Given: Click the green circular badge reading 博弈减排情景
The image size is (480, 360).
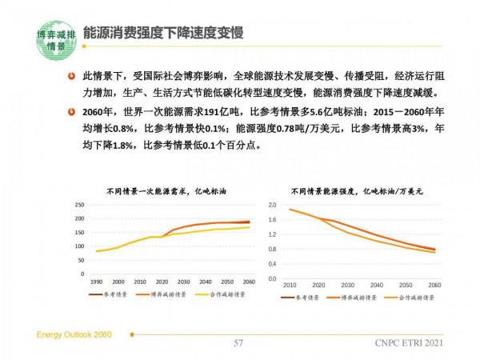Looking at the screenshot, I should coord(57,41).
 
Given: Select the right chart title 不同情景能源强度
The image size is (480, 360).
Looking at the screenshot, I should coord(356,191).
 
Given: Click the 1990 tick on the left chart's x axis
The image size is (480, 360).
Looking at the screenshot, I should coord(96,282).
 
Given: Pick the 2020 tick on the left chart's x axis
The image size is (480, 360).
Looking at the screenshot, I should coord(162,282).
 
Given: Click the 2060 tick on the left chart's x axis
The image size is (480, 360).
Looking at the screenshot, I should coord(250,282).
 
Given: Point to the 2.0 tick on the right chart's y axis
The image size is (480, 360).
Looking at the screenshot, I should coord(271,206).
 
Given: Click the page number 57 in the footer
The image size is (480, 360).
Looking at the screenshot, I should coord(238,344).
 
